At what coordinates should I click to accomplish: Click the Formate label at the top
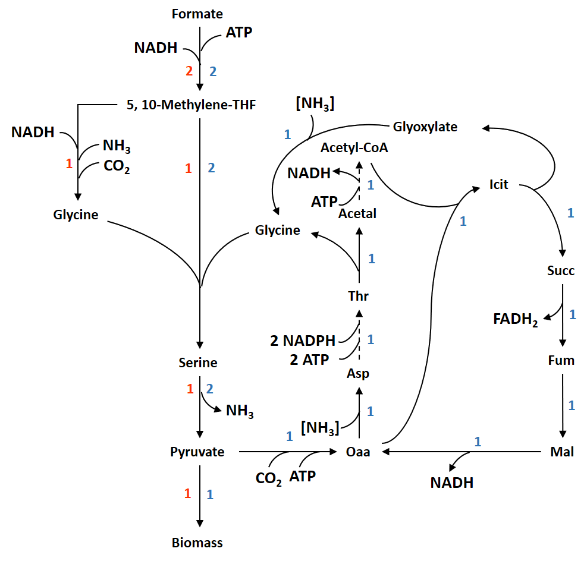(x=197, y=14)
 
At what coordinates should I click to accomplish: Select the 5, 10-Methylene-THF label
(x=191, y=105)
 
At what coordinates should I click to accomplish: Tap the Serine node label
(x=198, y=363)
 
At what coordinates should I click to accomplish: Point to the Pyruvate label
(x=197, y=452)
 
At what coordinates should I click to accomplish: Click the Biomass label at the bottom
(x=197, y=543)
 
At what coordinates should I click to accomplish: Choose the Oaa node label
(x=358, y=452)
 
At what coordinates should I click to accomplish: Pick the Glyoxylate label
(x=425, y=127)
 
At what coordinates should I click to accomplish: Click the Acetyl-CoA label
(x=354, y=148)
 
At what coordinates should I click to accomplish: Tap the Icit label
(x=499, y=184)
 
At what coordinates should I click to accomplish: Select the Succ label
(x=561, y=271)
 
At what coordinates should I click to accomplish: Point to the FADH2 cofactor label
(x=516, y=320)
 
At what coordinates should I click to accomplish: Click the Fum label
(x=561, y=361)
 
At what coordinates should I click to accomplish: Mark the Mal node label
(x=562, y=452)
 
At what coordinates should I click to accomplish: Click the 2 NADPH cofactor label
(x=303, y=341)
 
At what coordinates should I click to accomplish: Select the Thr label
(x=359, y=295)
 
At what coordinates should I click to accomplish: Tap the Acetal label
(x=357, y=213)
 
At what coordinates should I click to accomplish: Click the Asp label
(x=358, y=374)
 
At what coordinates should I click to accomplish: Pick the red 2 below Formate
(x=189, y=71)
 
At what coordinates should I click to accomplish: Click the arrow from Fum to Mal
(x=562, y=405)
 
